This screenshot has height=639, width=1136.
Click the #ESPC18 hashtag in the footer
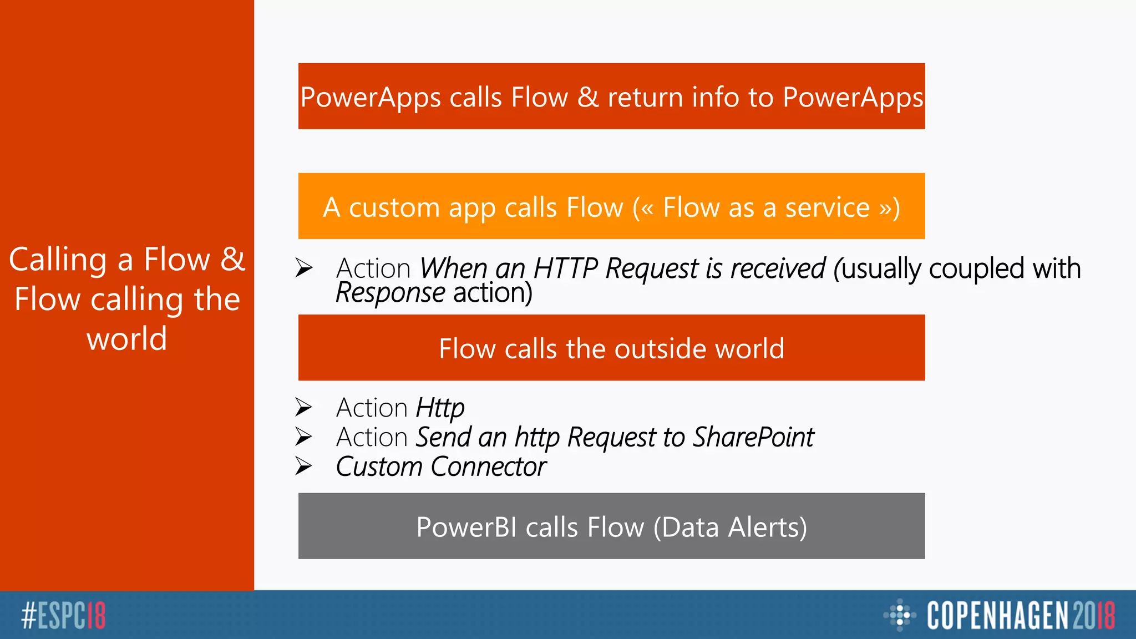tap(63, 615)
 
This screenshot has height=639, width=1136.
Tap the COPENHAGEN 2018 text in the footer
tap(1021, 615)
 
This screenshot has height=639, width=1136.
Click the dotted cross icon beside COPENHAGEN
tap(899, 615)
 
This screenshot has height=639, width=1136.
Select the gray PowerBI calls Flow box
tap(611, 526)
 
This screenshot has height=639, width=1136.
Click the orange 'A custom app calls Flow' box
tap(611, 206)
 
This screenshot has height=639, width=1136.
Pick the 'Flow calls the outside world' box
tap(611, 348)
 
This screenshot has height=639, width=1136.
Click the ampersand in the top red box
tap(588, 97)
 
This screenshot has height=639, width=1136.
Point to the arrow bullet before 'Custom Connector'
tap(303, 466)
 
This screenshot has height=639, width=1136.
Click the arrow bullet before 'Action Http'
tap(303, 408)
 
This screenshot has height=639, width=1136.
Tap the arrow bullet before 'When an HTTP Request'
tap(303, 268)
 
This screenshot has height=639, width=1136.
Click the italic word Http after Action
tap(440, 408)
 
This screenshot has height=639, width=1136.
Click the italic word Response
tap(390, 293)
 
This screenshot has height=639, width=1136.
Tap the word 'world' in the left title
tap(127, 338)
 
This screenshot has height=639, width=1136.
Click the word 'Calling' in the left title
tap(58, 260)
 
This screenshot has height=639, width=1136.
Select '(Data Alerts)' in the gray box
tap(730, 527)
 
